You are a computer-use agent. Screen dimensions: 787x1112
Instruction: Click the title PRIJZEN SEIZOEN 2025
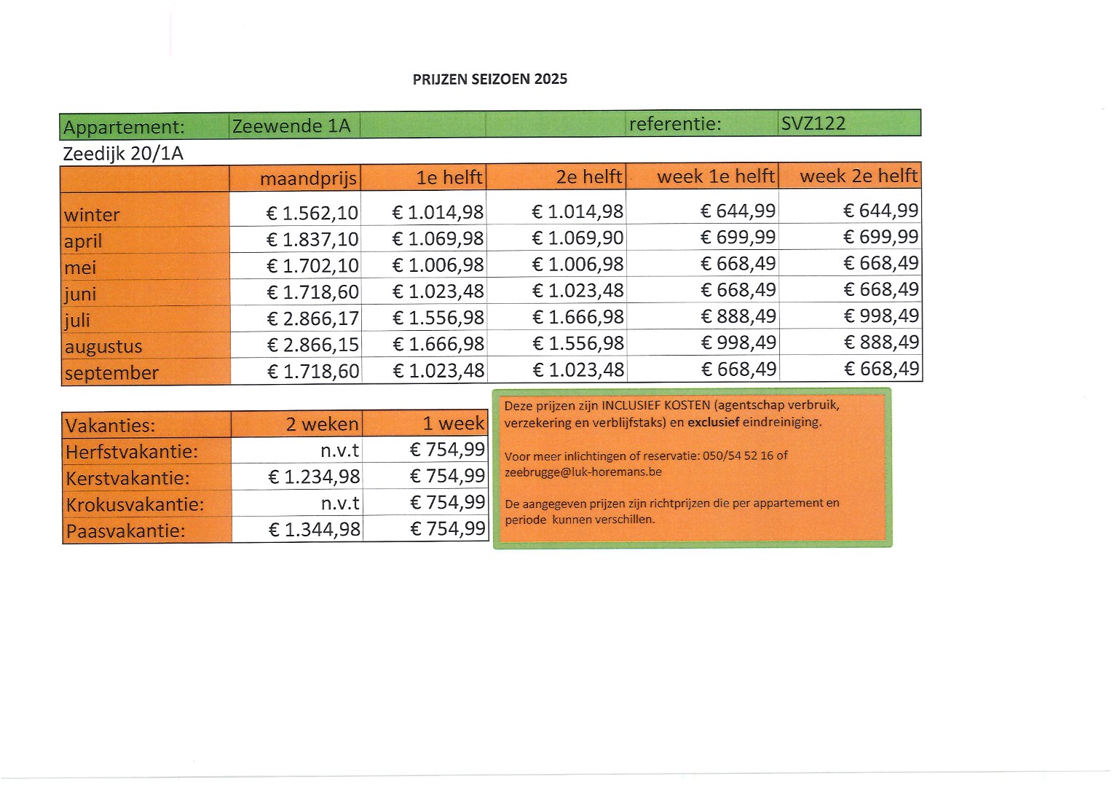pos(489,79)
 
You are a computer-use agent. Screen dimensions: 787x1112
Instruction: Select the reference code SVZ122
pos(813,124)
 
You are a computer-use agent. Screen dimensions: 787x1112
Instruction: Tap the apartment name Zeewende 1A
pos(291,127)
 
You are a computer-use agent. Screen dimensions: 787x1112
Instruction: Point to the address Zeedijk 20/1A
pos(123,154)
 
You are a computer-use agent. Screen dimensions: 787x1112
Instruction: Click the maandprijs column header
pos(308,179)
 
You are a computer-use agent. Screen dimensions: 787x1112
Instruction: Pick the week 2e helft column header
pos(858,176)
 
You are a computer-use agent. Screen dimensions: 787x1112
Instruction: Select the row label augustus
pos(103,347)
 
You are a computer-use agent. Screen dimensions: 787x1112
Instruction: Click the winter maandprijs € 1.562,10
pos(312,213)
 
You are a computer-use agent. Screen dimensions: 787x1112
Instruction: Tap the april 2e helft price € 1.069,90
pos(577,238)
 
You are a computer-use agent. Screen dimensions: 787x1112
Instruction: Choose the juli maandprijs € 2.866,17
pos(312,318)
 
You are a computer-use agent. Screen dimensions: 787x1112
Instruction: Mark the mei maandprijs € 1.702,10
pos(312,266)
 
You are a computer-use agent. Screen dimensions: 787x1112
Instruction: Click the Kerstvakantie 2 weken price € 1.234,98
pos(314,477)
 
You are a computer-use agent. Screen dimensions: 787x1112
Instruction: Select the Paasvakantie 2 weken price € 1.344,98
pos(314,530)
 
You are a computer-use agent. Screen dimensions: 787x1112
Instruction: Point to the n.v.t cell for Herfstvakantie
pos(339,451)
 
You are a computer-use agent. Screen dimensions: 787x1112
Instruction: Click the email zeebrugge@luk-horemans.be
pos(583,472)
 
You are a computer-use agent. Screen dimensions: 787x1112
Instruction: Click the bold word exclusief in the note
pos(713,422)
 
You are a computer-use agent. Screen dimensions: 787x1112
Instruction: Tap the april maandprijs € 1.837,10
pos(312,239)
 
